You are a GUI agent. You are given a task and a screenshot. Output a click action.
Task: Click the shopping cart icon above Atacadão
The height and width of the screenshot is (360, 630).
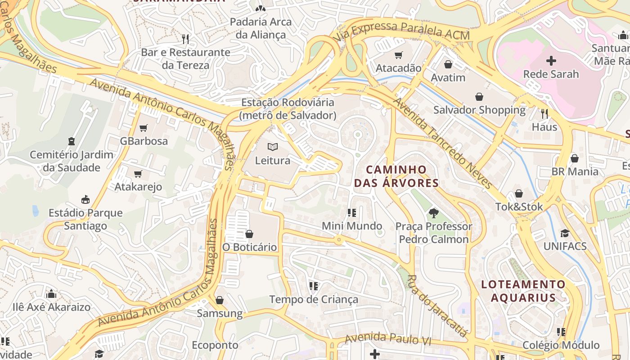pyautogui.click(x=398, y=55)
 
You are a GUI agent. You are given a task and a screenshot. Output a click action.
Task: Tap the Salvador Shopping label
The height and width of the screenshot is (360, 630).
pyautogui.click(x=479, y=110)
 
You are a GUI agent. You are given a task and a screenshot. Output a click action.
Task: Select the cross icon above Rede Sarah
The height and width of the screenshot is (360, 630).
pyautogui.click(x=551, y=61)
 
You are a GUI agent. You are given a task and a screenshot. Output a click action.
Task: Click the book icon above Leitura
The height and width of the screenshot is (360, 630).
pyautogui.click(x=272, y=147)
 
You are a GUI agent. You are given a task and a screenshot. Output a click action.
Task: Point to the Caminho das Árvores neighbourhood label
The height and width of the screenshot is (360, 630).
pyautogui.click(x=396, y=176)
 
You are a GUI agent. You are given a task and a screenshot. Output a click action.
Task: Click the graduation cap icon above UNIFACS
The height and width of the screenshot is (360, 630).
pyautogui.click(x=565, y=233)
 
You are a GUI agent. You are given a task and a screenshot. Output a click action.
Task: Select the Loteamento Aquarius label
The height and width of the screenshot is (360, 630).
pyautogui.click(x=523, y=291)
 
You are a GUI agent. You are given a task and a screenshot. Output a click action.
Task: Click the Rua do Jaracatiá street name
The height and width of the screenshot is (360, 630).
pyautogui.click(x=436, y=306)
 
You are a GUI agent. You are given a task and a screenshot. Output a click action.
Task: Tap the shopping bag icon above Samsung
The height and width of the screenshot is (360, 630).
pyautogui.click(x=220, y=300)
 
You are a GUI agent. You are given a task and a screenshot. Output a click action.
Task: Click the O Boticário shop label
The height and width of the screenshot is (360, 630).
pyautogui.click(x=249, y=247)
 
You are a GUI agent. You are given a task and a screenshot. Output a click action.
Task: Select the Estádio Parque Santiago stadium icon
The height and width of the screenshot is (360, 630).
pyautogui.click(x=85, y=199)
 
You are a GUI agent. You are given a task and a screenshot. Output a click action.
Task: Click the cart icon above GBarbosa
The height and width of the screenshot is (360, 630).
pyautogui.click(x=144, y=128)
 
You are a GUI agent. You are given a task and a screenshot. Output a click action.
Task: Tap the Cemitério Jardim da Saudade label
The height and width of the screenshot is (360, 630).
pyautogui.click(x=72, y=161)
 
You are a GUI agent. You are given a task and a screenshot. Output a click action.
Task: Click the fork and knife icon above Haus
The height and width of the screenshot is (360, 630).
pyautogui.click(x=544, y=114)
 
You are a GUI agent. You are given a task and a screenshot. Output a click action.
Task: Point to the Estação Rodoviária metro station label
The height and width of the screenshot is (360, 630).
pyautogui.click(x=288, y=109)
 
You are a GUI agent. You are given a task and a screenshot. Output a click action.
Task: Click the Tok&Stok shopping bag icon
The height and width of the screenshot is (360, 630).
pyautogui.click(x=519, y=194)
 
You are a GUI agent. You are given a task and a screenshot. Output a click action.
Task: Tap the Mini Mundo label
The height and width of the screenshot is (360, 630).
pyautogui.click(x=352, y=226)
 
